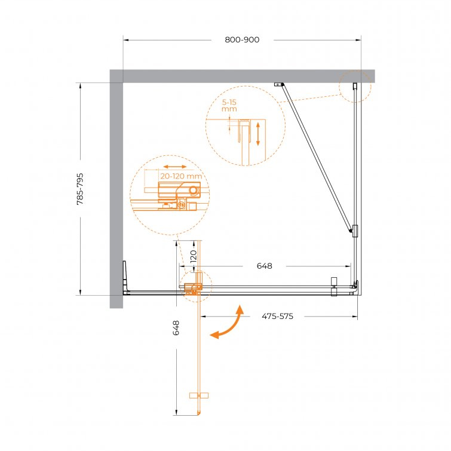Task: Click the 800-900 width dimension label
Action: click(x=242, y=39)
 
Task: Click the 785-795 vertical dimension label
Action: click(x=80, y=189)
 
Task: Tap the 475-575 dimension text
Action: click(x=278, y=317)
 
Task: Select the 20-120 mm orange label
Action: click(x=181, y=176)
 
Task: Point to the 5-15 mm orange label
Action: click(x=229, y=106)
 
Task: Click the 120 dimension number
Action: click(x=194, y=256)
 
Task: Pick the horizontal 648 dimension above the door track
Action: click(x=265, y=266)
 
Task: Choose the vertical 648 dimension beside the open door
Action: click(x=176, y=328)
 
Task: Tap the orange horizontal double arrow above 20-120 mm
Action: click(x=175, y=167)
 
